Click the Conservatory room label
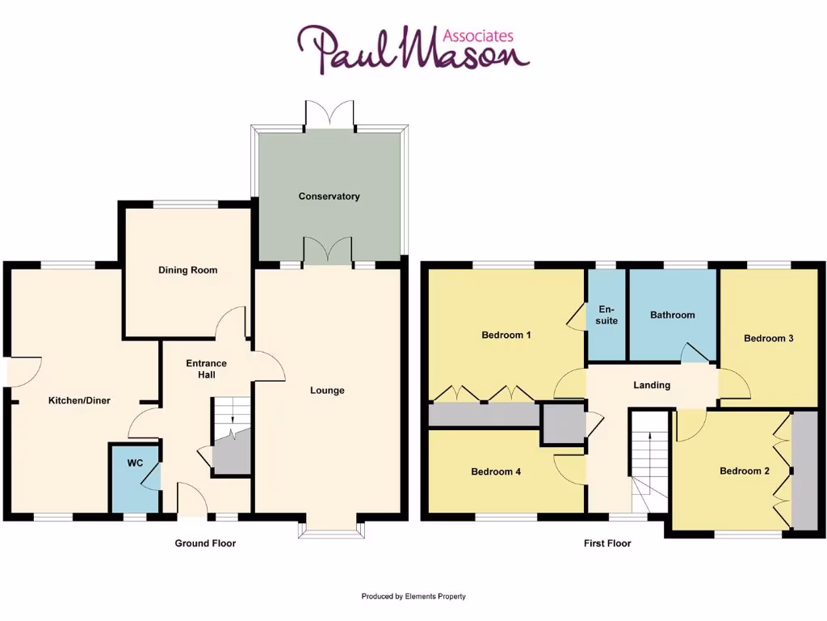(329, 196)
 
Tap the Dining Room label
(187, 271)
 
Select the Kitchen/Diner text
(79, 400)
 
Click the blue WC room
(135, 477)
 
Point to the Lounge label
(327, 391)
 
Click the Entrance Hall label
(206, 369)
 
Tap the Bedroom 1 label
(506, 335)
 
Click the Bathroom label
(672, 315)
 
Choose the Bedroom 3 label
(768, 339)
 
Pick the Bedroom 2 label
(744, 471)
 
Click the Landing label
(651, 386)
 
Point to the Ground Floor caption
(205, 543)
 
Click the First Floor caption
(607, 543)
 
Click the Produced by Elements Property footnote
(413, 597)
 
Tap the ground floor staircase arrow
(232, 421)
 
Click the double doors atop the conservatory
(330, 114)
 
